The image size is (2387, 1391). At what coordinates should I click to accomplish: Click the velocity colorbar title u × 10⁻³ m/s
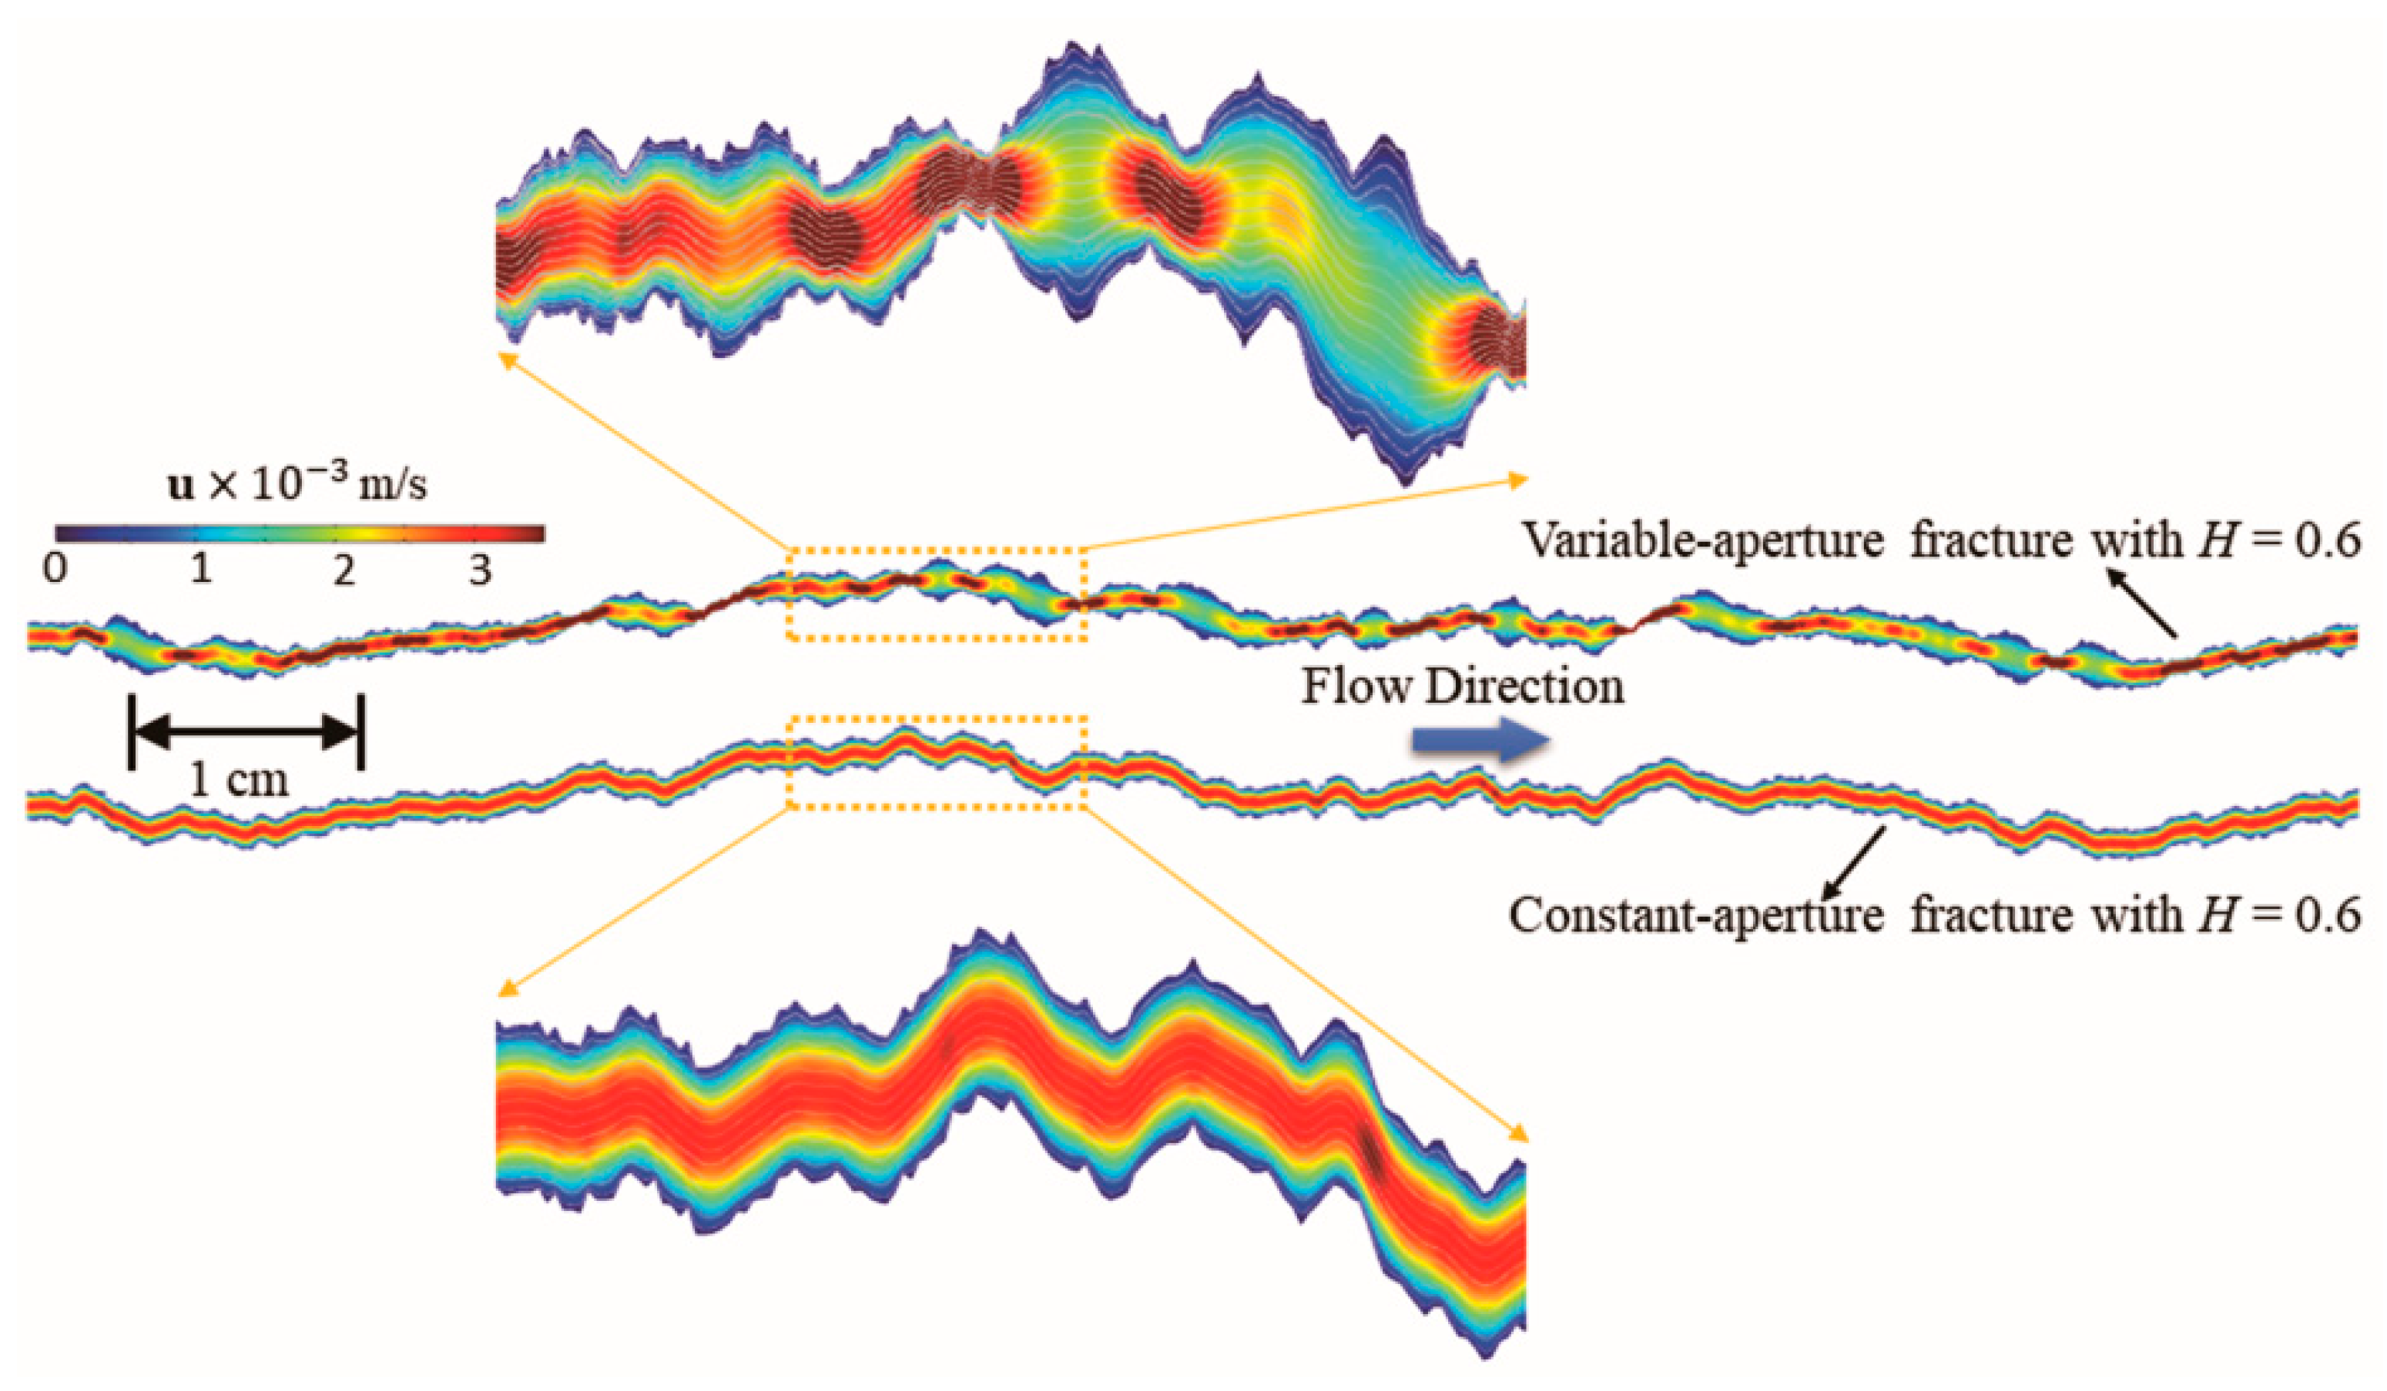click(x=297, y=486)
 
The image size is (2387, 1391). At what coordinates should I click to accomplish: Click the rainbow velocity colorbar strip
click(x=300, y=533)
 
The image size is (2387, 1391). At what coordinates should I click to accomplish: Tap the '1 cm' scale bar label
click(x=239, y=781)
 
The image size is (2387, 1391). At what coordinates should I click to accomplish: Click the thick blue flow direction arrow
click(x=1480, y=741)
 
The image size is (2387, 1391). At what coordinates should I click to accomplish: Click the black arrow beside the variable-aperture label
click(x=2141, y=604)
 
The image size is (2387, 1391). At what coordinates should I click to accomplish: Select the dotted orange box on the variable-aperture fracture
click(x=937, y=594)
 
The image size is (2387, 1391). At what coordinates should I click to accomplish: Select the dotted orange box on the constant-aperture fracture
click(x=937, y=762)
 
